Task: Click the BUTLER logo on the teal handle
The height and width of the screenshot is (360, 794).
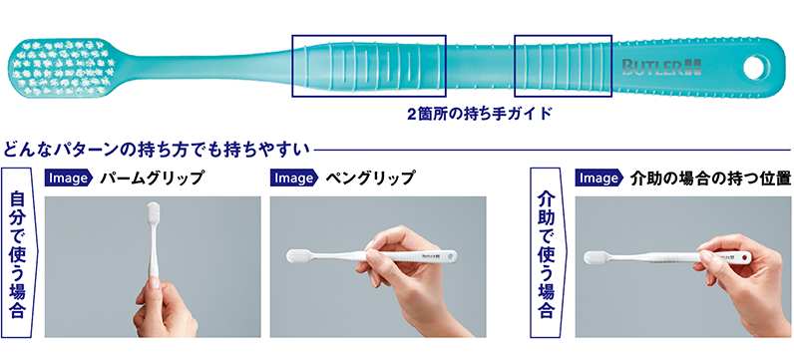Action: tap(661, 67)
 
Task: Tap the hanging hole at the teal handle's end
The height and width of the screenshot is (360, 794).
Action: tap(756, 67)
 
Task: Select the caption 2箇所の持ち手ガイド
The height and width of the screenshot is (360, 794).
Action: tap(479, 114)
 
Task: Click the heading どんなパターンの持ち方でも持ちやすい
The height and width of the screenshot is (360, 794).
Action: tap(156, 150)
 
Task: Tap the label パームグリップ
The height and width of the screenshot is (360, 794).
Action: tap(152, 179)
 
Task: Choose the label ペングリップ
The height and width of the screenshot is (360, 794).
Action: tap(370, 179)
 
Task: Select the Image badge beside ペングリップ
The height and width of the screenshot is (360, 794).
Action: tap(294, 179)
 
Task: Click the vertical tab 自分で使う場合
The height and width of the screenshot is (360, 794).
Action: tap(17, 252)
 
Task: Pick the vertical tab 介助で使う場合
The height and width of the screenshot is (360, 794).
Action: tap(545, 252)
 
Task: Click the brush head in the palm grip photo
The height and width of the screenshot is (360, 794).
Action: tap(153, 215)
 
